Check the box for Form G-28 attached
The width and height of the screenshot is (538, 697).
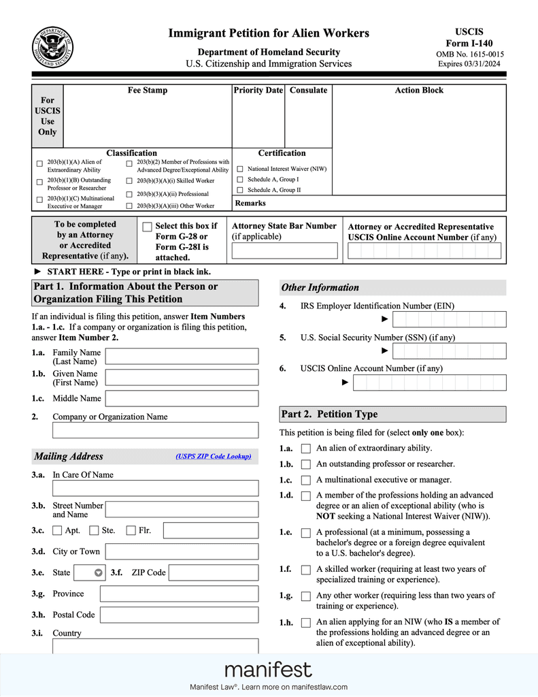pos(147,227)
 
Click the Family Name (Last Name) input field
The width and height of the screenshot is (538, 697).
pos(182,356)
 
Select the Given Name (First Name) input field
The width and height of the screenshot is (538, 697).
pos(182,377)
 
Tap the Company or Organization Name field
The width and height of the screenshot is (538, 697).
pos(155,429)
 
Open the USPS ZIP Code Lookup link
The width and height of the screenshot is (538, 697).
pos(214,456)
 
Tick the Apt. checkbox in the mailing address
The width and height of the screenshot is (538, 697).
pos(57,530)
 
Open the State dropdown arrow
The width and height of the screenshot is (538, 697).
pos(98,572)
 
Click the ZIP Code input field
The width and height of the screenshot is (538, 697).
pos(213,572)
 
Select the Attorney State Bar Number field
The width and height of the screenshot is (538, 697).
pos(284,250)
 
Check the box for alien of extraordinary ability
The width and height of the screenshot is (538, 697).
pos(305,449)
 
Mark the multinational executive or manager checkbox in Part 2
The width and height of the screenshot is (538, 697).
pos(305,480)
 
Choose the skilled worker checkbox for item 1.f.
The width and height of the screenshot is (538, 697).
pos(305,570)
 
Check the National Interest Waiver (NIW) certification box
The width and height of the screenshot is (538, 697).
pos(240,169)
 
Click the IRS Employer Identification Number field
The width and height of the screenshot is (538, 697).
pos(450,319)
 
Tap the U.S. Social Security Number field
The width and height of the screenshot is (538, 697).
pos(450,351)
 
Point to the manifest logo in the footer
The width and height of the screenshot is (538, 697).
pos(268,670)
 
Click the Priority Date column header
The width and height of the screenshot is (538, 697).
pos(258,91)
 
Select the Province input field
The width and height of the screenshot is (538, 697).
pos(179,594)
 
